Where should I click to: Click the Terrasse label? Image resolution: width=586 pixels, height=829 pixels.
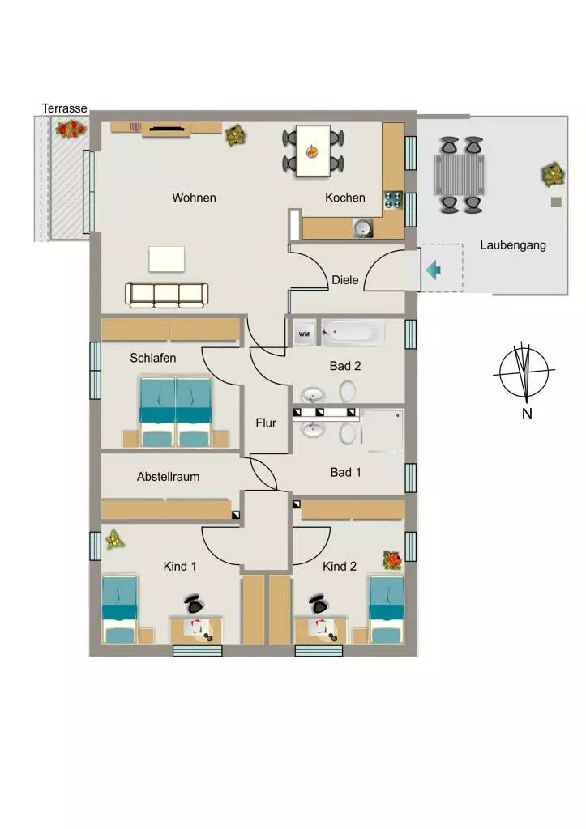click(x=65, y=108)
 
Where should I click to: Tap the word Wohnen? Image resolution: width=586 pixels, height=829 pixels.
click(x=194, y=198)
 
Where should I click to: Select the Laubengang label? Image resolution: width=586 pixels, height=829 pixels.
click(x=513, y=245)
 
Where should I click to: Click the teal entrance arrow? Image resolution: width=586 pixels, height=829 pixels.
click(x=433, y=270)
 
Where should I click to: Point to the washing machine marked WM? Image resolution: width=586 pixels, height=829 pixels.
click(x=305, y=334)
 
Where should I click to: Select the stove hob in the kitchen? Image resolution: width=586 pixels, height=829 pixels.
click(x=393, y=199)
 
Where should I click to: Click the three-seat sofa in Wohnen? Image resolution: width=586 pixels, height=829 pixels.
click(x=166, y=295)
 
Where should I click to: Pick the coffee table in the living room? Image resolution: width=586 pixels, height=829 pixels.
click(x=167, y=259)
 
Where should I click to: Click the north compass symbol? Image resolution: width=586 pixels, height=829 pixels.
click(x=524, y=372)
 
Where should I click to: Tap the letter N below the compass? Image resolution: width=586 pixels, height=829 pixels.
click(x=527, y=414)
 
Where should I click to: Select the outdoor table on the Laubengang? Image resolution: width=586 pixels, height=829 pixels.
click(x=460, y=175)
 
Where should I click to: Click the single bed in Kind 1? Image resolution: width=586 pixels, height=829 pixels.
click(x=120, y=609)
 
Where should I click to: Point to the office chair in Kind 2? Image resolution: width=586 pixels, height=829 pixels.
click(x=319, y=603)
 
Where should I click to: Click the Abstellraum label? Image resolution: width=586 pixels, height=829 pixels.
click(x=169, y=476)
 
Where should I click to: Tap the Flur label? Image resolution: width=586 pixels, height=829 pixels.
click(x=266, y=423)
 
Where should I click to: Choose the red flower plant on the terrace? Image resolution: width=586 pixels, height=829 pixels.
click(x=71, y=129)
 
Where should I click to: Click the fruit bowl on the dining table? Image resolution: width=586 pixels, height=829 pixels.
click(x=312, y=152)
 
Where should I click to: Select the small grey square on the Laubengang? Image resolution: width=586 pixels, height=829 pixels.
click(x=556, y=202)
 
